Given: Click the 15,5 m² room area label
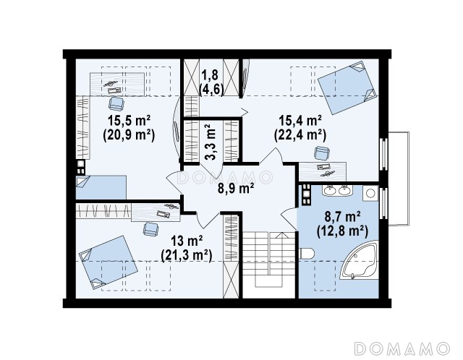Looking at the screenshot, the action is click(x=129, y=121).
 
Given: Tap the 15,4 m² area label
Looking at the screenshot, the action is click(x=300, y=121).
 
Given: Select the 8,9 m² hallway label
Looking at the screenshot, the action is click(x=236, y=189).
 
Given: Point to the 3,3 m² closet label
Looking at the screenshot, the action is click(x=211, y=142).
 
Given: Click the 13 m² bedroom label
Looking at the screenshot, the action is click(x=187, y=241).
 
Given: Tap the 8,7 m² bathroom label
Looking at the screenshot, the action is click(x=342, y=217).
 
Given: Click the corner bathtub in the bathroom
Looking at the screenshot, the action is click(x=360, y=260).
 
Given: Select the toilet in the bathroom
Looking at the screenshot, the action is click(x=306, y=254).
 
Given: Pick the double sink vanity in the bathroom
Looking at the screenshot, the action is click(x=336, y=190).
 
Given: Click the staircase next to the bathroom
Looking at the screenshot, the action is click(x=269, y=259).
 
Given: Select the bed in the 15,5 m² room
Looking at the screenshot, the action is click(x=101, y=187).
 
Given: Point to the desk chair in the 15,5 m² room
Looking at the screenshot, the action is click(x=116, y=103).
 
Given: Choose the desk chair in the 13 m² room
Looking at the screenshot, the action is click(x=150, y=229).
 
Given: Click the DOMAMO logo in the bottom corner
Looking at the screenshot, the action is click(x=402, y=348).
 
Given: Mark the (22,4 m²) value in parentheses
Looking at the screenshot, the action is click(x=300, y=135).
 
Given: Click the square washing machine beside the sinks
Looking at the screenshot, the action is click(x=370, y=193).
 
